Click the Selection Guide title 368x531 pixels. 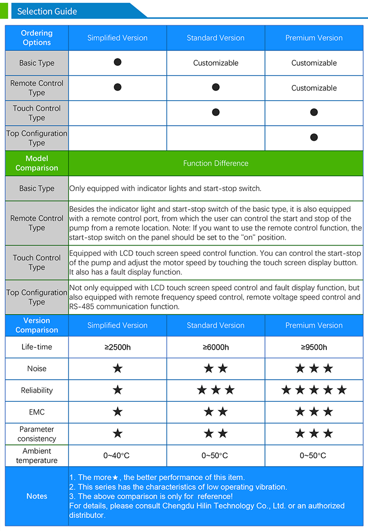tap(47, 11)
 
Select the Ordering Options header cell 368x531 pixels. tap(37, 38)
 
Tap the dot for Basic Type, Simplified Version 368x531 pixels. tap(117, 62)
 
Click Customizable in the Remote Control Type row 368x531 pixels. tap(314, 88)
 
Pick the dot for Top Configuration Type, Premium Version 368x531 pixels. tap(314, 137)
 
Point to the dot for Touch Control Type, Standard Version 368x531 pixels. tap(216, 112)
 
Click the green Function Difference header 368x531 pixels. tap(216, 163)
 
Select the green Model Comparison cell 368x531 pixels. tap(37, 163)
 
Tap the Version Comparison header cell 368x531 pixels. tap(37, 325)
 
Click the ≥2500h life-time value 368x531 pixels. tap(118, 347)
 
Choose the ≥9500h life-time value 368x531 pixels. tap(314, 347)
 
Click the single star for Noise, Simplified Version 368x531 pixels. tap(118, 368)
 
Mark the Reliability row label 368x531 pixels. tap(37, 391)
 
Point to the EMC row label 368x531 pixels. tap(37, 412)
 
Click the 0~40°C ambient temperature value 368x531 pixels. tap(117, 455)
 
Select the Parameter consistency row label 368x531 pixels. tap(37, 434)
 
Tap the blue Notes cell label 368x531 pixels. tap(37, 496)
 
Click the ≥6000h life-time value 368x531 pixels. tap(216, 347)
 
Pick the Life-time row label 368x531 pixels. tap(37, 347)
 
